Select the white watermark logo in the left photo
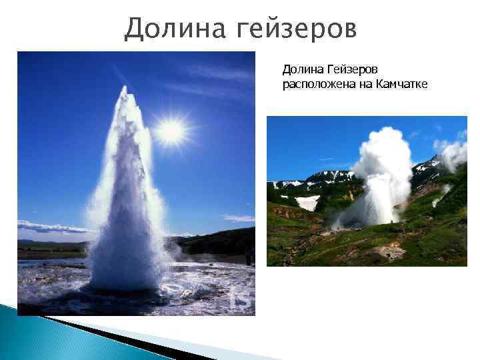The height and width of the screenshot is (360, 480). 241,299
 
